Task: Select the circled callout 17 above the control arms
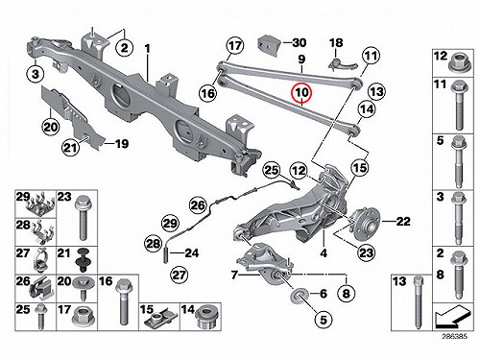click(235, 45)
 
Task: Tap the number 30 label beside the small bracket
click(300, 42)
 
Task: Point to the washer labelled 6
click(299, 295)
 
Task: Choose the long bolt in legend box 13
click(419, 302)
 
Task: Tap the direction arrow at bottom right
click(453, 317)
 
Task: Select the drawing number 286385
click(455, 336)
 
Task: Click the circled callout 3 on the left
click(36, 74)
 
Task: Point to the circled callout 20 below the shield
click(51, 127)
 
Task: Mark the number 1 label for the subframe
click(147, 49)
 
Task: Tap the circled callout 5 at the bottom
click(324, 320)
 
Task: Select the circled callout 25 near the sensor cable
click(272, 170)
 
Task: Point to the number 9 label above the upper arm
click(301, 60)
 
